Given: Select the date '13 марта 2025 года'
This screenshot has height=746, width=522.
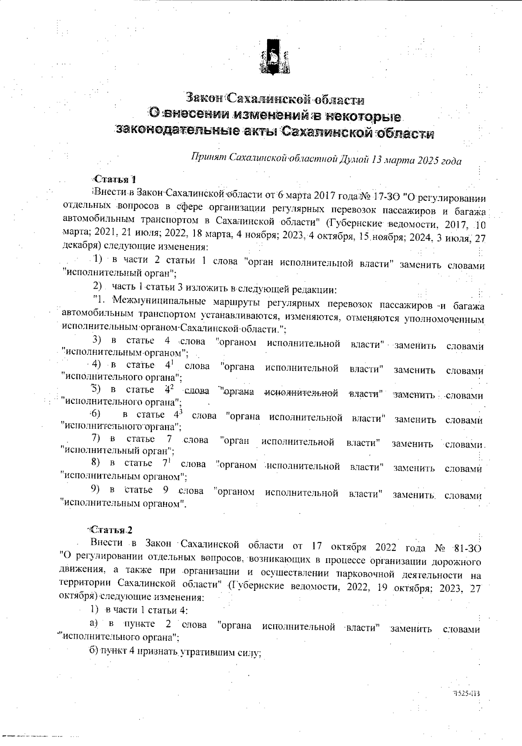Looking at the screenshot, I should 416,160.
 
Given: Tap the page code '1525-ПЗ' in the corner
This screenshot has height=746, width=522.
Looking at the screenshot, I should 469,694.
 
